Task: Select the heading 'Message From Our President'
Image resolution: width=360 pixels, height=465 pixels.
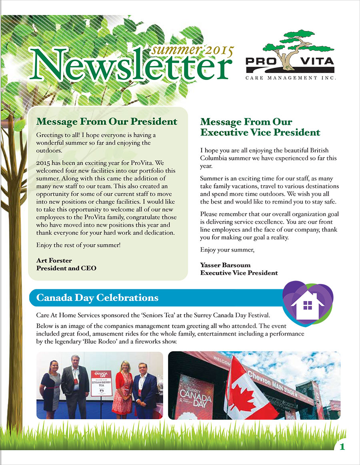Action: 106,121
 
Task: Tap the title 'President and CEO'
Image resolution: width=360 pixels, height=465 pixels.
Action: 66,268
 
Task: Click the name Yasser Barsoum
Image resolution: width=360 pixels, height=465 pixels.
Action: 226,265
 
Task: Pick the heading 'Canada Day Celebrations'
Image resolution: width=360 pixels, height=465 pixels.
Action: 97,298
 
